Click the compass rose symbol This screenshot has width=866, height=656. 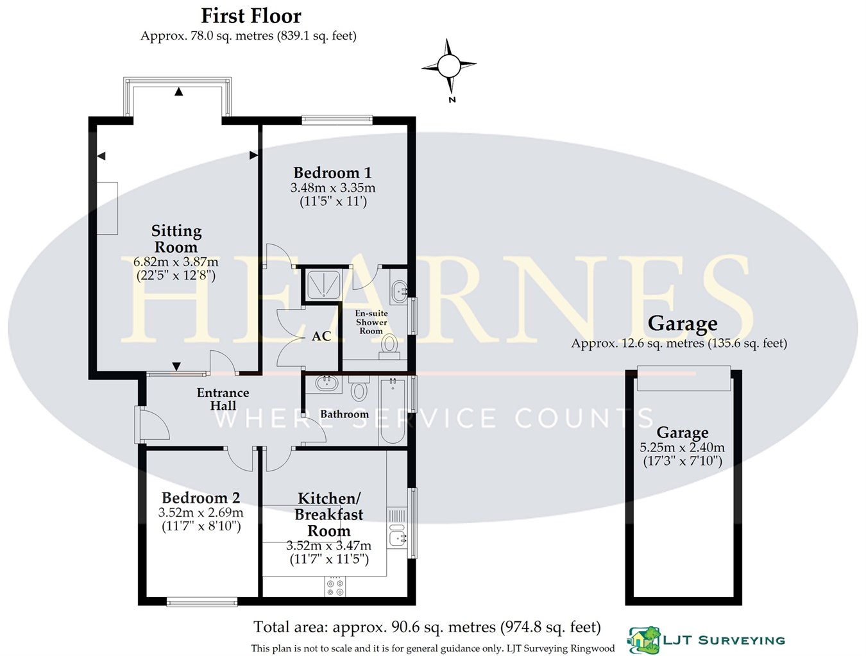tap(449, 65)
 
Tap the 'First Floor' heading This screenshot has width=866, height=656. tap(251, 15)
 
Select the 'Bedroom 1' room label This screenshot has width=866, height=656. tap(332, 172)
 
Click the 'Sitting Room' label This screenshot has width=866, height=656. tap(176, 239)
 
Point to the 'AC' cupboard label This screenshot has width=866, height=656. tap(321, 336)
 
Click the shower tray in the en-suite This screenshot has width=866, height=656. tap(323, 285)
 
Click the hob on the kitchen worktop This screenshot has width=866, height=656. tap(335, 586)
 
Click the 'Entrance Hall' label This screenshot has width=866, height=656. tap(223, 399)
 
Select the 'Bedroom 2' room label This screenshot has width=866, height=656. tap(201, 498)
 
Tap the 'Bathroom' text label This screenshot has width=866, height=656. tap(344, 414)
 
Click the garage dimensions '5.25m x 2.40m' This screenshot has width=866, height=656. tap(682, 448)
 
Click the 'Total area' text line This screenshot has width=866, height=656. tap(427, 627)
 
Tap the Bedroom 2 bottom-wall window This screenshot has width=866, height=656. tap(201, 601)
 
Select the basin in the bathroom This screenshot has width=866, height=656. tap(328, 384)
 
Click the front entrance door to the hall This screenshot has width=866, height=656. tap(152, 425)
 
